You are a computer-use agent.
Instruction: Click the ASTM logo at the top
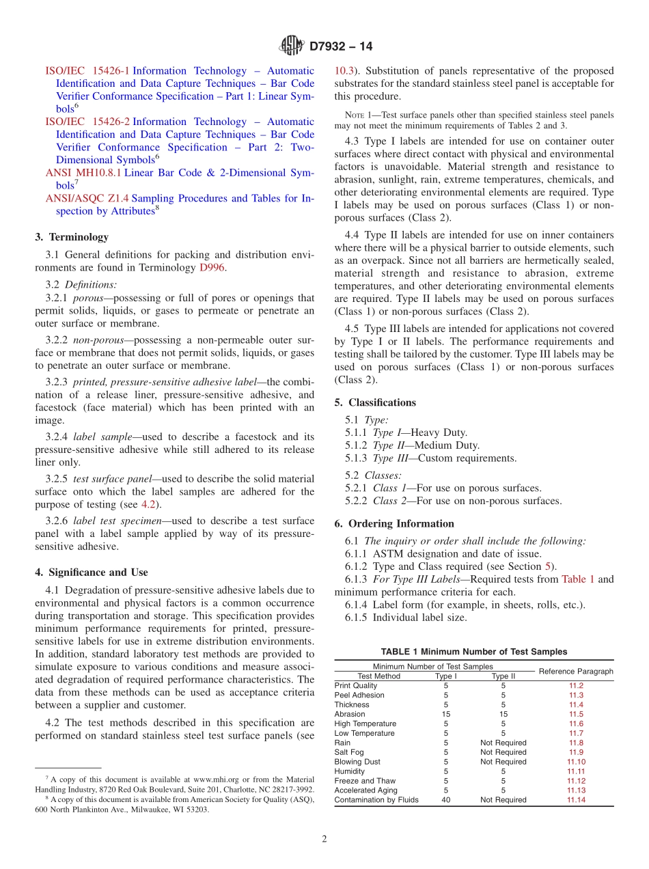292,46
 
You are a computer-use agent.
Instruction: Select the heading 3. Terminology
72,237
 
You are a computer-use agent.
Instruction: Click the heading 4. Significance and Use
92,573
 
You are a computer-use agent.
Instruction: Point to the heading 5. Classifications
375,402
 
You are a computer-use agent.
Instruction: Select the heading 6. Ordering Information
394,523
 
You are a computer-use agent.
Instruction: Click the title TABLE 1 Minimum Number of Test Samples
473,652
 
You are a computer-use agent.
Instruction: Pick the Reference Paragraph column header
576,671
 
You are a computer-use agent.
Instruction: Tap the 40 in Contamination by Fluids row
445,800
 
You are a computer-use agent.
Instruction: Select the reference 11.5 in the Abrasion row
576,714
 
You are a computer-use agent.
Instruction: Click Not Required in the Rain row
503,743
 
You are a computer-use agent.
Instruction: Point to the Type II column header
503,676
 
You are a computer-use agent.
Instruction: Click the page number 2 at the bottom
324,839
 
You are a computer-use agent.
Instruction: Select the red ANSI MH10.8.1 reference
83,173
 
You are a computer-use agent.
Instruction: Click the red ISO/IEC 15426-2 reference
87,122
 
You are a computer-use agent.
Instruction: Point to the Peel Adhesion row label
359,695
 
